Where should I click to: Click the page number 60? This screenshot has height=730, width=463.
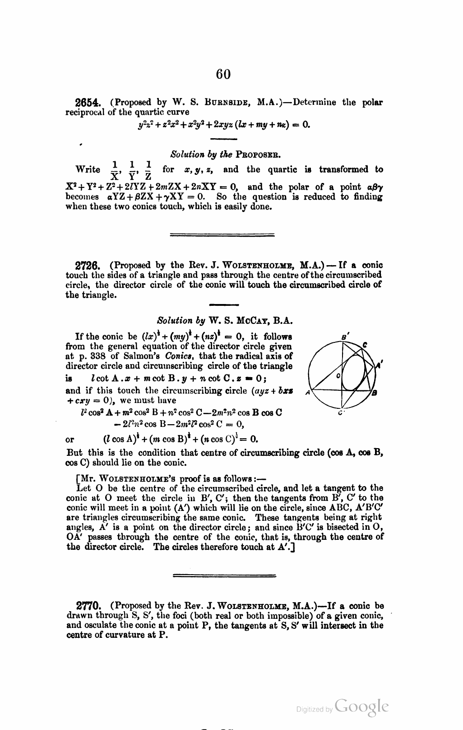[x=223, y=73]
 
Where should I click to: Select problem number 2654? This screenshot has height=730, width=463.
[x=88, y=103]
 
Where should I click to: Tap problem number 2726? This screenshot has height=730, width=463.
[x=88, y=266]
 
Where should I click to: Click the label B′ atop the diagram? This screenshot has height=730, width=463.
[x=346, y=337]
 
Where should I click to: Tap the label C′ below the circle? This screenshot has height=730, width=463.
[x=342, y=413]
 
